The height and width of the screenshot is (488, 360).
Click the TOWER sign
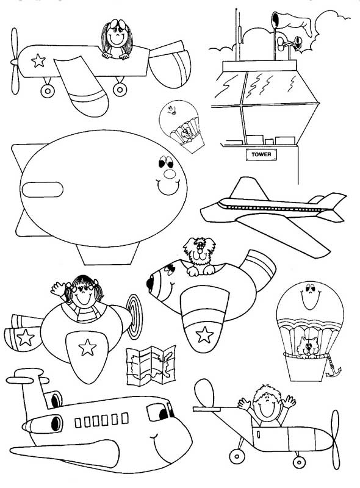(261, 154)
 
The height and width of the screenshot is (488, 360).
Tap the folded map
(151, 365)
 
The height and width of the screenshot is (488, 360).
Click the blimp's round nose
(170, 174)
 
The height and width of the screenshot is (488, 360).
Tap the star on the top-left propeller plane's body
(38, 60)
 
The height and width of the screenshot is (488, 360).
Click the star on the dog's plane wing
(204, 334)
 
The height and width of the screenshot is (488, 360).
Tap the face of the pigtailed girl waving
(83, 293)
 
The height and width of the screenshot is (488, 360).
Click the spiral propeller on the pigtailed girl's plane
(135, 317)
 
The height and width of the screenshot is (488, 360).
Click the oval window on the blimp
(42, 190)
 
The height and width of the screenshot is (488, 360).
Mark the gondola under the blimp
(108, 253)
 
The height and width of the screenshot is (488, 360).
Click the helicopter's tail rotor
(336, 440)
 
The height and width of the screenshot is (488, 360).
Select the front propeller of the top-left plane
(15, 62)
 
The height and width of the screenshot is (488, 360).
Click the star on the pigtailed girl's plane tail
(26, 338)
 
